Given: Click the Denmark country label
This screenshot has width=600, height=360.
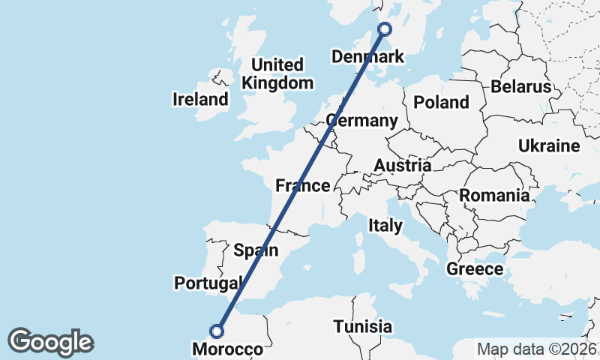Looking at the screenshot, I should tap(367, 57).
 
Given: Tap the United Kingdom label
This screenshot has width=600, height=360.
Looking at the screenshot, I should tap(277, 73).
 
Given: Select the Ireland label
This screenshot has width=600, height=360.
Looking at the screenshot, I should tap(200, 99).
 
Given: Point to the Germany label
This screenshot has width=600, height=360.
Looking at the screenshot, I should tap(362, 121).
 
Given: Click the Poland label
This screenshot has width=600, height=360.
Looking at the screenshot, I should tap(441, 102).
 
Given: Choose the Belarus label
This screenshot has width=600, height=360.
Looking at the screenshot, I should tap(521, 87).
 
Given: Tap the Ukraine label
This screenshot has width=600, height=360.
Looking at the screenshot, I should tap(549, 145).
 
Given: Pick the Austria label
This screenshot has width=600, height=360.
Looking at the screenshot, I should tap(403, 165).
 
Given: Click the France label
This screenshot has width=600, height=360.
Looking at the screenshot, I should tap(303, 185).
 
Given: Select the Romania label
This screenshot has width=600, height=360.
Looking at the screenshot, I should tap(494, 196).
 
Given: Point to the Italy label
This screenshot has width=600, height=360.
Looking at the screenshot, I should tap(385, 225).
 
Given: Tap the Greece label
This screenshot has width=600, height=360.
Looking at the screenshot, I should tap(475, 268).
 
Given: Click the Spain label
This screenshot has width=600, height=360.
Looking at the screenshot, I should tap(256, 250).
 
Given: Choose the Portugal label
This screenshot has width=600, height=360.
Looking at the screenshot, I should tap(208, 283).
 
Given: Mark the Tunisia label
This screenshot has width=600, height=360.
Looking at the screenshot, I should tap(363, 327).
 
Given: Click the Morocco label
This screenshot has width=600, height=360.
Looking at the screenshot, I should tap(228, 349).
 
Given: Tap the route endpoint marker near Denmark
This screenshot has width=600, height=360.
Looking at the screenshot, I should tap(385, 29).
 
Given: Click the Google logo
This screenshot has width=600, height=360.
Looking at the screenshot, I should tap(50, 341).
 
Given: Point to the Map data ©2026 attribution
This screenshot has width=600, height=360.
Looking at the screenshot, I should tap(536, 349).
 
